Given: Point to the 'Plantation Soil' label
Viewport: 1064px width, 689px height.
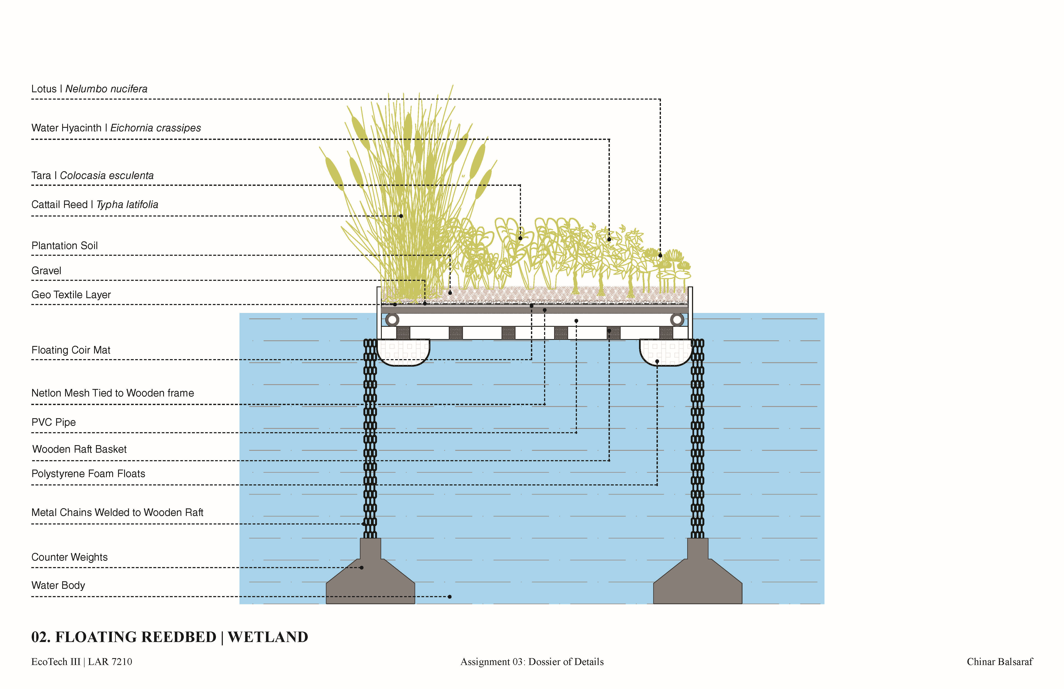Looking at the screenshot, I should point(64,246).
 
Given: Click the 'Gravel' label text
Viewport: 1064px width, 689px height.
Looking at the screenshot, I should point(46,271).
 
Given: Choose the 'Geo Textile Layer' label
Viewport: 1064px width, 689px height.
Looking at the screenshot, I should point(71,295).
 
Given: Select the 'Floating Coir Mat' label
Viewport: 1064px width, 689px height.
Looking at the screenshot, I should point(71,350).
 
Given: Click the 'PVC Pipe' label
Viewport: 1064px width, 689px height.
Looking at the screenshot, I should point(53,422).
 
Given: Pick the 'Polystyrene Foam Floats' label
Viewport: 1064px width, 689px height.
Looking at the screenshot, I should point(88,474).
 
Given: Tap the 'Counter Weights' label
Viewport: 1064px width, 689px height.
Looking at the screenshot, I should point(69,557).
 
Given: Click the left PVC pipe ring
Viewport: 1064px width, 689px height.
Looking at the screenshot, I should point(392,319).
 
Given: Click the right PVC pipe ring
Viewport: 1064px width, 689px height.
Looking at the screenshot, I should point(677,319).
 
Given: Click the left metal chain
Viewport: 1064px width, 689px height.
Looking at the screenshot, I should point(370,438).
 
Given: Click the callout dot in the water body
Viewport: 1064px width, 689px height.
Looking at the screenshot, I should point(449,597).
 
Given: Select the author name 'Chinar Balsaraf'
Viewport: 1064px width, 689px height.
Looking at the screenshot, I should point(1000,662).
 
